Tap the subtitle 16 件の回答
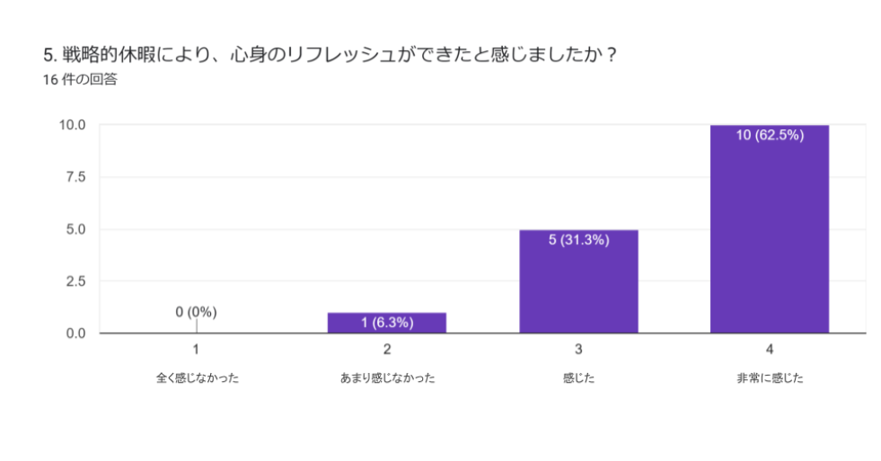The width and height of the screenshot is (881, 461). (80, 80)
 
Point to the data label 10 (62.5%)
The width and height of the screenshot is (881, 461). (770, 136)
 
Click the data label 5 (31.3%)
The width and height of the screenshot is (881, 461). (578, 240)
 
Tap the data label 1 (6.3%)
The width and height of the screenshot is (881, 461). (387, 322)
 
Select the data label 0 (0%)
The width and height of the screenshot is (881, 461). (196, 312)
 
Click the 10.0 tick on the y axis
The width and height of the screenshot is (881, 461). (73, 125)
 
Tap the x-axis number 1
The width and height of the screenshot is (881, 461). (196, 349)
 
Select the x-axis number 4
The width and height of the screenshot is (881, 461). (770, 349)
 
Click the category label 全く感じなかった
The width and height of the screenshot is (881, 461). (196, 378)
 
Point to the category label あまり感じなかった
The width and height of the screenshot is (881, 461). (387, 378)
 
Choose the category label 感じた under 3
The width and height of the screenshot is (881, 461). (578, 378)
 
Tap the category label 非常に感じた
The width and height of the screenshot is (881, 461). (770, 378)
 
